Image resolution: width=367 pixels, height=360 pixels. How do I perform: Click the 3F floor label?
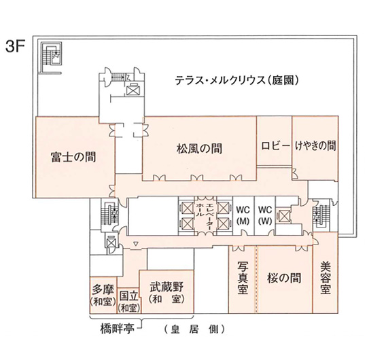tap(15, 47)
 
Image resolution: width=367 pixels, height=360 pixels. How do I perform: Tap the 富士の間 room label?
tap(73, 157)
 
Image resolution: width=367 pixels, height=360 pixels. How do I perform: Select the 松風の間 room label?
tap(199, 148)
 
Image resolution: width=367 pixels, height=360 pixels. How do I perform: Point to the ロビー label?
tap(274, 146)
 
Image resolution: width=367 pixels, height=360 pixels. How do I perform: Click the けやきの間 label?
tap(315, 145)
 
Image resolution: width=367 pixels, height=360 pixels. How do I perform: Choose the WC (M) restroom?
tap(243, 215)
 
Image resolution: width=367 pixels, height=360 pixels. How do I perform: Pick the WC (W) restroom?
tap(265, 215)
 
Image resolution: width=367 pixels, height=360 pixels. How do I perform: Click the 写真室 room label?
tap(243, 278)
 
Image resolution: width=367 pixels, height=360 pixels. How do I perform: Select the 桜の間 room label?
tap(284, 278)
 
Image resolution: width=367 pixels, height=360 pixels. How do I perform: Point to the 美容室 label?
tap(326, 278)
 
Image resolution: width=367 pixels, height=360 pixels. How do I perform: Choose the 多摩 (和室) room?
tap(103, 295)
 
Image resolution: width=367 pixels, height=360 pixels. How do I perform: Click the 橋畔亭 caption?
tap(117, 329)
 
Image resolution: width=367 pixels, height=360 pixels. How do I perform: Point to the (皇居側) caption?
tap(194, 329)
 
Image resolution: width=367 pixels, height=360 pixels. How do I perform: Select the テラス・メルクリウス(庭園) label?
tap(237, 80)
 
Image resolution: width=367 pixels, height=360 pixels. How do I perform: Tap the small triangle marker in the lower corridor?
tap(135, 245)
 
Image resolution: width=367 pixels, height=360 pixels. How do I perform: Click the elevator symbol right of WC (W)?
tap(284, 216)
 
